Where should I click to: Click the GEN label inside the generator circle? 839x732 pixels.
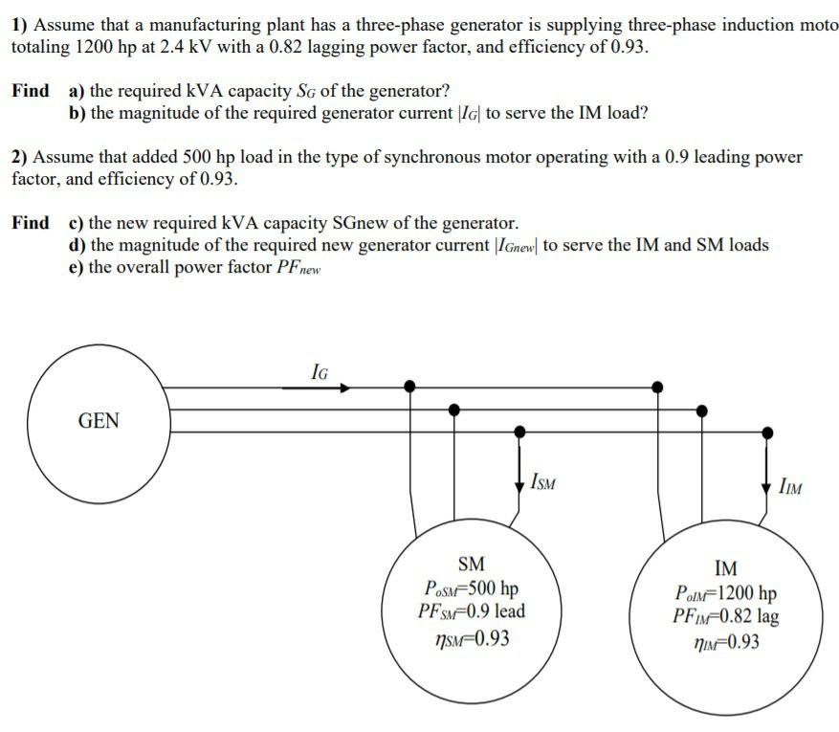pos(99,420)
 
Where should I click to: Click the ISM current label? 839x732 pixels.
pos(541,482)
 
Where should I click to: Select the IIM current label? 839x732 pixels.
pos(790,489)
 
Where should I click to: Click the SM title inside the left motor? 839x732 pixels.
pos(472,564)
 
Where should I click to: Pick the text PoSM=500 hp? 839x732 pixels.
pos(470,587)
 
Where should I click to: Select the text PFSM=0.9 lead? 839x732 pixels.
pos(471,610)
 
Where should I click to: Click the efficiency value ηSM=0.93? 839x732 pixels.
pos(471,635)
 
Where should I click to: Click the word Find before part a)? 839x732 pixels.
pos(31,91)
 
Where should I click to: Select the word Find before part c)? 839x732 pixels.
pos(31,223)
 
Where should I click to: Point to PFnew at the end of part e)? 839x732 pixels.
pos(298,268)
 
